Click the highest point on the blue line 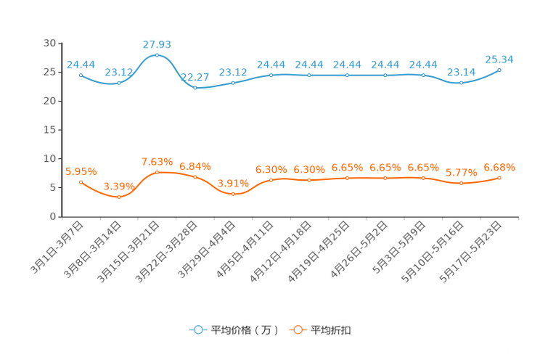tap(157, 55)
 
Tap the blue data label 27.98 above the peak tap(157, 44)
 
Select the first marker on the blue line tap(81, 74)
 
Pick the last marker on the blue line tap(499, 70)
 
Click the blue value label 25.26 tap(499, 59)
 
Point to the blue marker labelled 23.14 tap(461, 83)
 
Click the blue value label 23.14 tap(461, 71)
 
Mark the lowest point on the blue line tap(195, 87)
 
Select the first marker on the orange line tap(81, 182)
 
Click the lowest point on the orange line tap(119, 197)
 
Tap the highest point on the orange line tap(157, 172)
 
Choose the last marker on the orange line tap(499, 177)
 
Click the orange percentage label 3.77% tap(461, 173)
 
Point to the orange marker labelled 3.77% tap(461, 184)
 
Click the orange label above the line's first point tap(81, 171)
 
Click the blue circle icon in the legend tap(198, 330)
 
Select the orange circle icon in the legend tap(298, 330)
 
